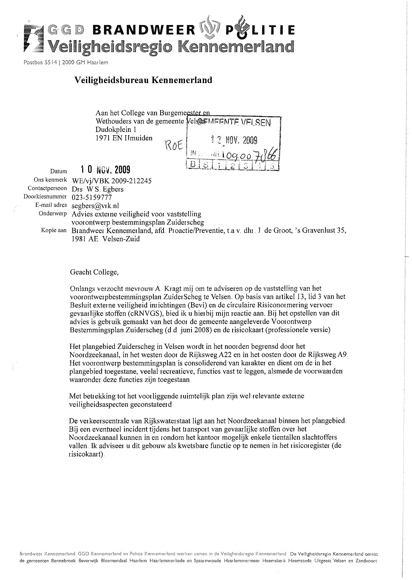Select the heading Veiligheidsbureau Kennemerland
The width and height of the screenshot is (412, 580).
pyautogui.click(x=143, y=80)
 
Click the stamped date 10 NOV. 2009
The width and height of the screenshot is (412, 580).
pyautogui.click(x=105, y=170)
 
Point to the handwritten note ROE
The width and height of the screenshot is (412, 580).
pyautogui.click(x=174, y=145)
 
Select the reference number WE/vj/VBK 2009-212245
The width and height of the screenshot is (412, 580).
pyautogui.click(x=112, y=181)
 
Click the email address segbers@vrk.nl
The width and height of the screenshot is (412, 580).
pyautogui.click(x=96, y=206)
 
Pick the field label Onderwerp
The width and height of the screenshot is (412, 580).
pyautogui.click(x=53, y=214)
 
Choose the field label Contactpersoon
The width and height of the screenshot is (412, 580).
pyautogui.click(x=48, y=188)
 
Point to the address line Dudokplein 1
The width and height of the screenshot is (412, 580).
pyautogui.click(x=116, y=130)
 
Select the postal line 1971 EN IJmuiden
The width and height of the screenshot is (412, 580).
pyautogui.click(x=124, y=138)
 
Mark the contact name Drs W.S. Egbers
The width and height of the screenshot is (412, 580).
pyautogui.click(x=98, y=189)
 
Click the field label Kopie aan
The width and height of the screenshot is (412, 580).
pyautogui.click(x=53, y=230)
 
